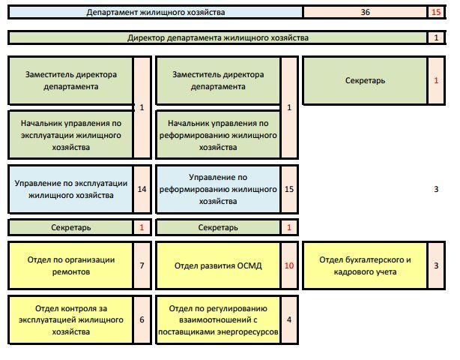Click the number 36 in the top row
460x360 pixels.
coord(365,13)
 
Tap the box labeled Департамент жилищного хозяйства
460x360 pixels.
coord(155,13)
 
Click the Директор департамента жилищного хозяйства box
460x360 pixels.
coord(218,37)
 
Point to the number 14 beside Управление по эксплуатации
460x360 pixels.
coord(142,189)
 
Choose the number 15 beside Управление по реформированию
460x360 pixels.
coord(289,189)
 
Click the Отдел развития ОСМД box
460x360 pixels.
coord(218,265)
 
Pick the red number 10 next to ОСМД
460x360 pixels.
coord(289,265)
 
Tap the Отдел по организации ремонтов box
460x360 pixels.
coord(70,265)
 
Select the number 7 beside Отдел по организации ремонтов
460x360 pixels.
coord(142,265)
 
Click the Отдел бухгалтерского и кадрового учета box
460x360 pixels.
coord(366,265)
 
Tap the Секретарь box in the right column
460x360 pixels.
coord(366,80)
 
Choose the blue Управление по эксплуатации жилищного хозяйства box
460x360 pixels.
coord(70,189)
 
